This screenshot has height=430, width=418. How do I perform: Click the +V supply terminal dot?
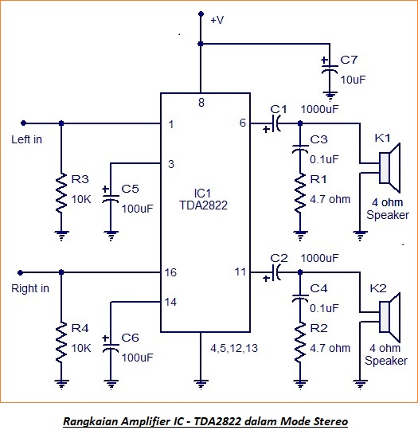[201, 14]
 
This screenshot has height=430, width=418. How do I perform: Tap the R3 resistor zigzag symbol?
[61, 193]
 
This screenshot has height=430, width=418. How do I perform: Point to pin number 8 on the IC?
[201, 103]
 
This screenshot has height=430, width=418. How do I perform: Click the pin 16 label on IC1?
[170, 272]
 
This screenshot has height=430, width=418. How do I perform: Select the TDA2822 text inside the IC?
[204, 205]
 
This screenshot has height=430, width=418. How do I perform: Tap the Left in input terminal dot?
[24, 123]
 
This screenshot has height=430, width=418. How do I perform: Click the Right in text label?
[30, 288]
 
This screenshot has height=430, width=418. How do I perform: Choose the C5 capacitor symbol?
[110, 197]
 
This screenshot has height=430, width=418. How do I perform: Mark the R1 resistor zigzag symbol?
[300, 193]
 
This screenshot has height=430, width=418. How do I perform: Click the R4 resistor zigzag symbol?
[61, 342]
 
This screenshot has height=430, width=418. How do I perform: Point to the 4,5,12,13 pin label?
[234, 348]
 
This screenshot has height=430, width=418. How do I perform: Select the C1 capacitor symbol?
[275, 123]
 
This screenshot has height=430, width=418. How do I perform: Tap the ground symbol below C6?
[111, 384]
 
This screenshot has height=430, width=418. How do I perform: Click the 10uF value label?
[354, 80]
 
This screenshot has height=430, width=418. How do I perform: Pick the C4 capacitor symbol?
[300, 298]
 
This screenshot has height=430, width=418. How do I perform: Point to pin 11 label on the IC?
[240, 272]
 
